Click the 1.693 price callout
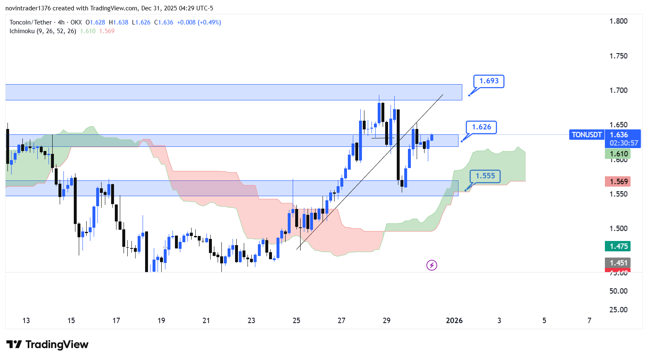click(489, 81)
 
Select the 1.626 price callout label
click(481, 127)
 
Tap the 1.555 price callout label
click(485, 176)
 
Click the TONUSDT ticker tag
click(586, 135)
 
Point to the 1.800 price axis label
click(618, 21)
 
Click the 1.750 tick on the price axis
click(618, 56)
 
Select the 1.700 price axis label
click(618, 90)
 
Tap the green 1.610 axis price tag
click(618, 154)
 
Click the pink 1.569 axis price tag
click(618, 181)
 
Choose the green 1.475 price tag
click(618, 246)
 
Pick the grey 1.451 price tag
click(618, 263)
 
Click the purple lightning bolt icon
click(432, 265)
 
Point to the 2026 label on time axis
click(454, 321)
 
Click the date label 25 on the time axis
click(296, 321)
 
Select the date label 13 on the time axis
click(26, 321)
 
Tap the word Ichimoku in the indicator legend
click(22, 31)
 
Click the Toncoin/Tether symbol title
click(31, 22)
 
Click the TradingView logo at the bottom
click(48, 345)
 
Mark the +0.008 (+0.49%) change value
click(199, 22)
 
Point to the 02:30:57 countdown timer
click(624, 143)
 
